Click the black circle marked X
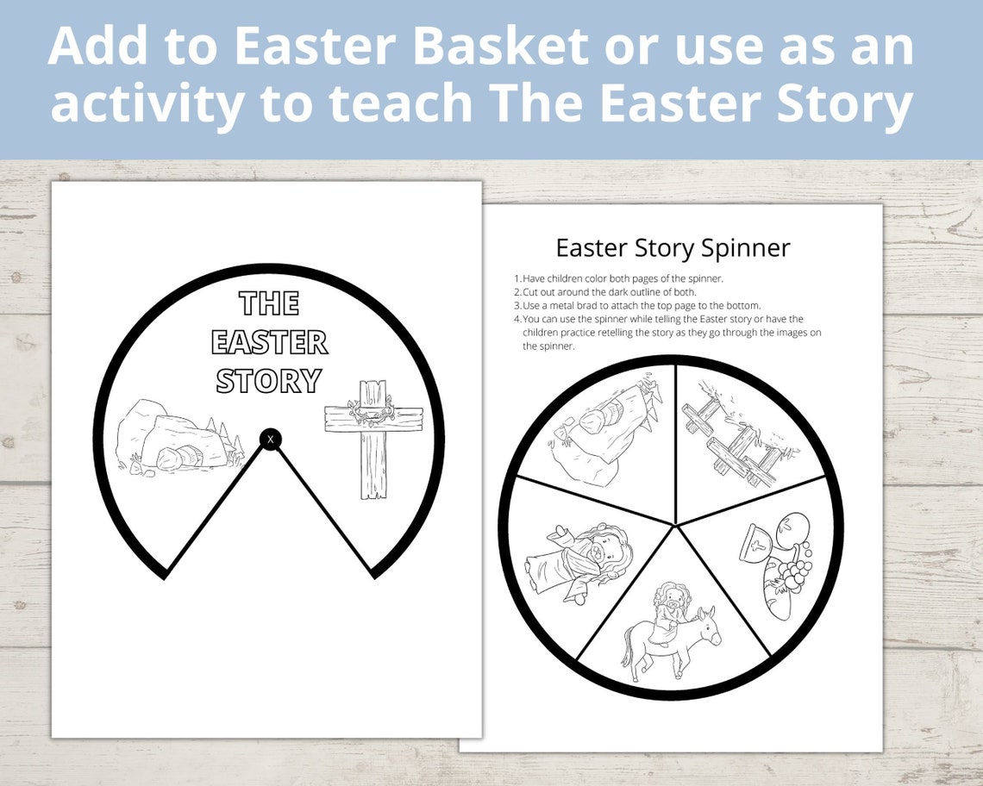pos(271,440)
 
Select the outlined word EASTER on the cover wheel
pos(270,342)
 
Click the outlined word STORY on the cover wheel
pos(269,380)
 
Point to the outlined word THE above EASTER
pos(269,303)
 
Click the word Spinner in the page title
pos(745,248)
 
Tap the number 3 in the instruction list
pos(517,305)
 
